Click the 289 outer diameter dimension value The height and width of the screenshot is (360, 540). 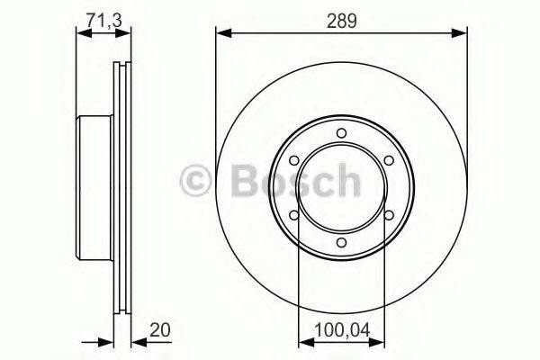(x=341, y=20)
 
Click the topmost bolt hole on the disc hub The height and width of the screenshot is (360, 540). (x=341, y=135)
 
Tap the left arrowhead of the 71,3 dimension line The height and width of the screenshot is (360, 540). (x=82, y=34)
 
